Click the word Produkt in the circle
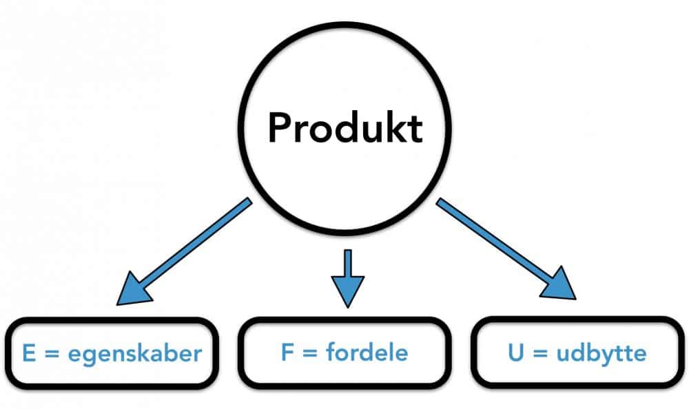[x=344, y=127]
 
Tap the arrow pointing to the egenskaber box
[x=186, y=249]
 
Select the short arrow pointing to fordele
[x=347, y=272]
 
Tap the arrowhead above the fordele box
[x=347, y=292]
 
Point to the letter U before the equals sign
[x=521, y=354]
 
